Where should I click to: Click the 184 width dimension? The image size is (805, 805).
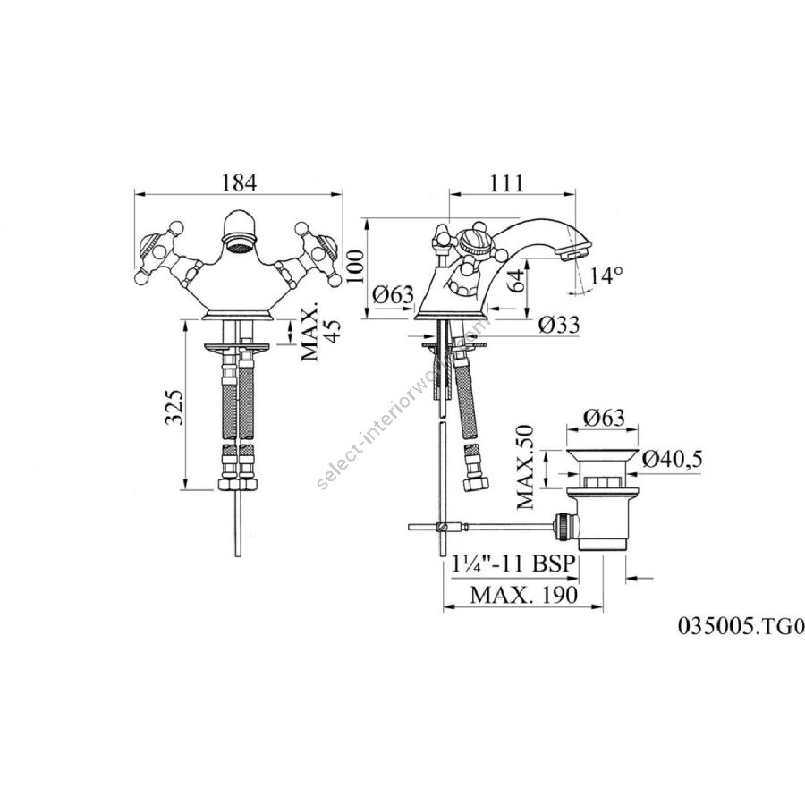point(239,182)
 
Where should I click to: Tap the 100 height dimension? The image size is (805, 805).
point(355,266)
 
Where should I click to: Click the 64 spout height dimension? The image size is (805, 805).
point(519,281)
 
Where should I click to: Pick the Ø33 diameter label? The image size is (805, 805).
point(560,325)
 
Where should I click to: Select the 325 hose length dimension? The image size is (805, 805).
point(174,407)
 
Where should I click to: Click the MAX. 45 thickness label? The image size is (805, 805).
point(320,331)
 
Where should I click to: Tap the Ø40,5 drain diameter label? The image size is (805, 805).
point(672,459)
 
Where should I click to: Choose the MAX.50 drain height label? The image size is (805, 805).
point(525,467)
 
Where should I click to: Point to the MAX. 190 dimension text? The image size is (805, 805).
point(524,595)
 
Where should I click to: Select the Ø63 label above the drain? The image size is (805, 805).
point(605,417)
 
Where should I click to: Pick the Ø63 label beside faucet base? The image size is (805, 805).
point(393,294)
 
